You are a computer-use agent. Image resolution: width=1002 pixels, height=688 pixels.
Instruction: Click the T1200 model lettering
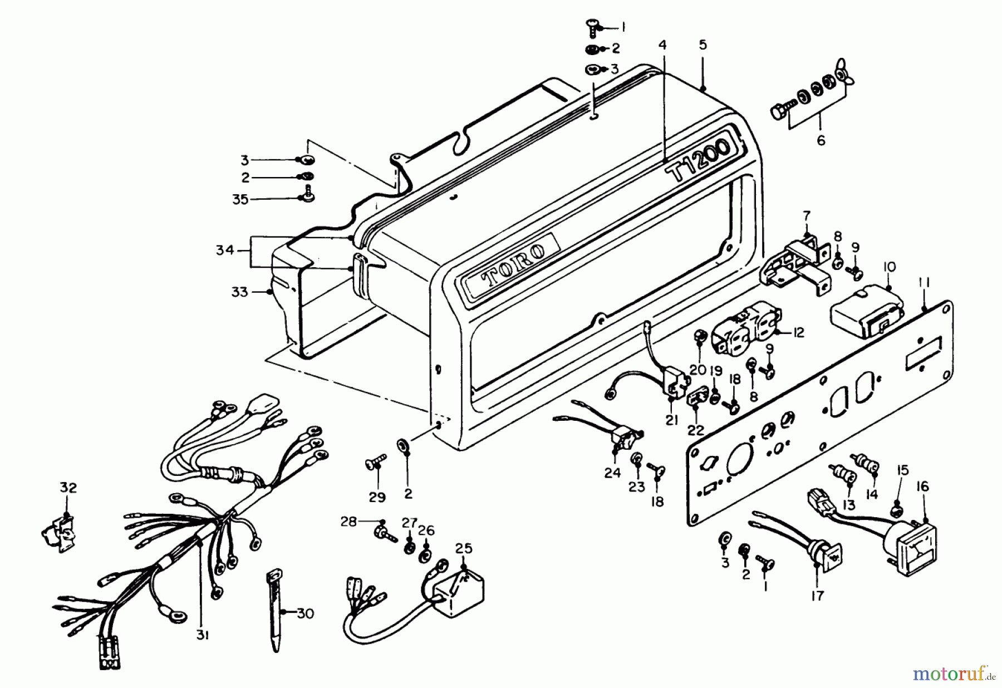point(700,161)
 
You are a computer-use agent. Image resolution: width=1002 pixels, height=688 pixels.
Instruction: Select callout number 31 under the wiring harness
point(202,635)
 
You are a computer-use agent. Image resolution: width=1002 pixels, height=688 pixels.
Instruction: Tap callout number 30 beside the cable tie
point(305,614)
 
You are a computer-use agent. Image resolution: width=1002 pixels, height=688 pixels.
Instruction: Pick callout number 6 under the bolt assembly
point(821,140)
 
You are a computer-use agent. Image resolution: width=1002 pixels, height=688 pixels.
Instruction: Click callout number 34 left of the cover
point(225,251)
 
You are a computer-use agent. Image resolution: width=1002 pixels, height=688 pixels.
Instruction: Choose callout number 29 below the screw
point(377,497)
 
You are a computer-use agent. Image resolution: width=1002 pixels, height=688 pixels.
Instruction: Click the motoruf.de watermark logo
point(954,675)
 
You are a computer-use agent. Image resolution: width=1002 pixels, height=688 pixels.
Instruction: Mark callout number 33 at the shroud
point(239,292)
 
